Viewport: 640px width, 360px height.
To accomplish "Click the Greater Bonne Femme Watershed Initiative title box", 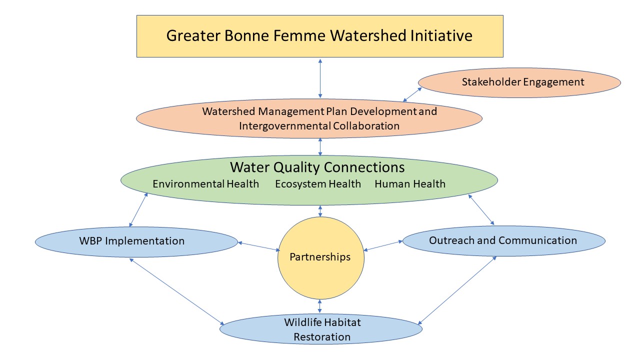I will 320,36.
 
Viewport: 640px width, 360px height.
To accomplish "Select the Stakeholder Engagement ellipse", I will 519,82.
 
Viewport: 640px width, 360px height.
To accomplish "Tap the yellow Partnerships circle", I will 320,257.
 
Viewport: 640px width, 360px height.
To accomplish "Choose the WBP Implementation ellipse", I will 136,241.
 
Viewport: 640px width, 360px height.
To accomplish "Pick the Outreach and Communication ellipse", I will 503,240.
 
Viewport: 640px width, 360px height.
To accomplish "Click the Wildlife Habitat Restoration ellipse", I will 322,329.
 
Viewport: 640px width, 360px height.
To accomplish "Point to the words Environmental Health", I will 206,184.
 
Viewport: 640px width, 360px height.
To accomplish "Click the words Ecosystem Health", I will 318,184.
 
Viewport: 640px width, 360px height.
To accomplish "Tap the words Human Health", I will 410,184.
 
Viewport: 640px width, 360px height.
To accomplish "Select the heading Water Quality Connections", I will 317,166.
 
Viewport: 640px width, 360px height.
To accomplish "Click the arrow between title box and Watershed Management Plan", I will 320,78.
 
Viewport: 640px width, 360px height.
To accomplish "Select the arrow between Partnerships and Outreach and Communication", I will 383,245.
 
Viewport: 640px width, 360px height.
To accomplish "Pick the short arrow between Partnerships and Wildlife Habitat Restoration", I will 320,305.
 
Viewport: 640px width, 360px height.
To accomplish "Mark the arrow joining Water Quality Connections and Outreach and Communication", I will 481,209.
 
